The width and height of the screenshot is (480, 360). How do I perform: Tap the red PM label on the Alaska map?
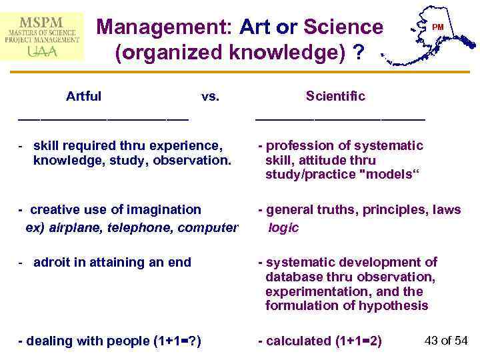pos(437,27)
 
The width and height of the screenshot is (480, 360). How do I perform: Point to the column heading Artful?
pos(83,96)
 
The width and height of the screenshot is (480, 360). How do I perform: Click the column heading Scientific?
pos(335,96)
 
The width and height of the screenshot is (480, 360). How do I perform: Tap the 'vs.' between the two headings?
pos(210,96)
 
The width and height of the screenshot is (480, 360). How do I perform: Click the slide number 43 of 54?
pos(446,341)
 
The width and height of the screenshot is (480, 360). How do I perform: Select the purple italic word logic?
pos(283,227)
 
